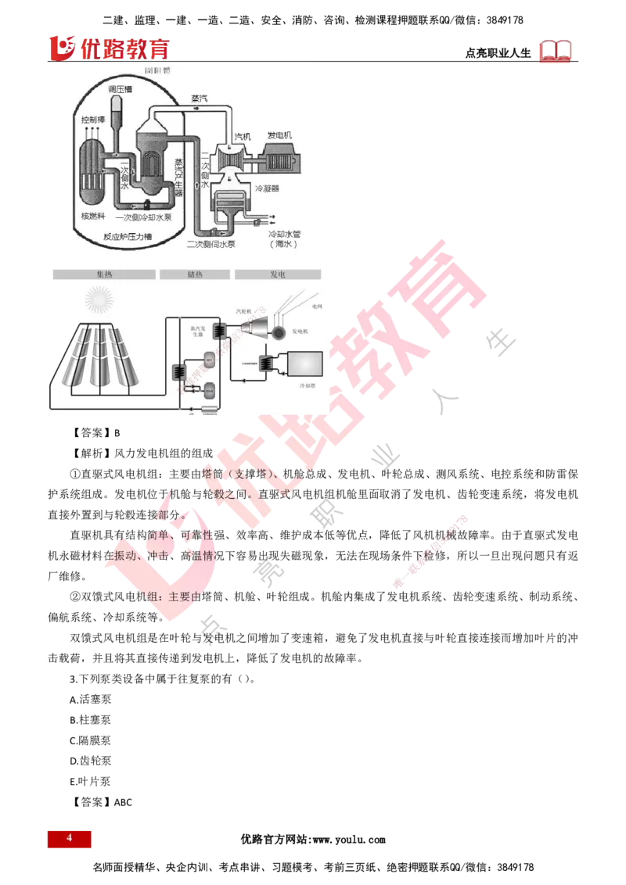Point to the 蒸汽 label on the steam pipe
[200, 100]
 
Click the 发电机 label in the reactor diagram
[279, 135]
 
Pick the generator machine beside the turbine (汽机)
[277, 159]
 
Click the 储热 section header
[195, 274]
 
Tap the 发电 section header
[277, 274]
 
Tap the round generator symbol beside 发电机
[277, 332]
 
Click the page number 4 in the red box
[69, 838]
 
